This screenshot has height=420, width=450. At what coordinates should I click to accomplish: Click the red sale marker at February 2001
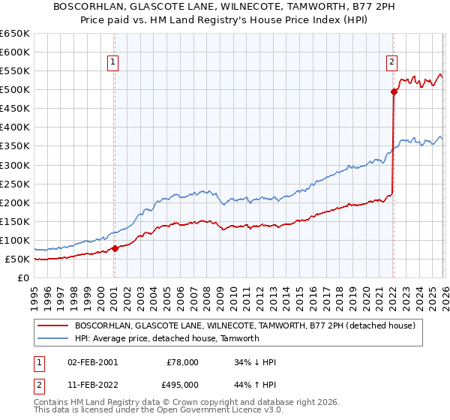[x=115, y=248]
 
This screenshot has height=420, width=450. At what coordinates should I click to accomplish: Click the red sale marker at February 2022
[x=393, y=91]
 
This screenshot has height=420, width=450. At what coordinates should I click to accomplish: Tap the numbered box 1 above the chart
[x=113, y=63]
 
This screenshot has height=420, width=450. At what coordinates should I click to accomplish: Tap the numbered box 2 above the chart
[x=391, y=63]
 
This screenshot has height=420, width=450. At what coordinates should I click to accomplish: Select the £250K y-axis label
[x=15, y=184]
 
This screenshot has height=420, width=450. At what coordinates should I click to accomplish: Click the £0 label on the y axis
[x=23, y=278]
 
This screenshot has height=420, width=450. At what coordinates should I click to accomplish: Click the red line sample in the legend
[x=53, y=325]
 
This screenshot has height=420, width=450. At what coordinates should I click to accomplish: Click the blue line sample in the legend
[x=53, y=338]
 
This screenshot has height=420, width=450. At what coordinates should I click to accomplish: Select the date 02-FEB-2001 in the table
[x=92, y=362]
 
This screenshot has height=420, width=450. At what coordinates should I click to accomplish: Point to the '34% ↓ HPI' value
[x=255, y=362]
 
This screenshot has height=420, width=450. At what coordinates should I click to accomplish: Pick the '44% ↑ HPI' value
[x=255, y=385]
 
